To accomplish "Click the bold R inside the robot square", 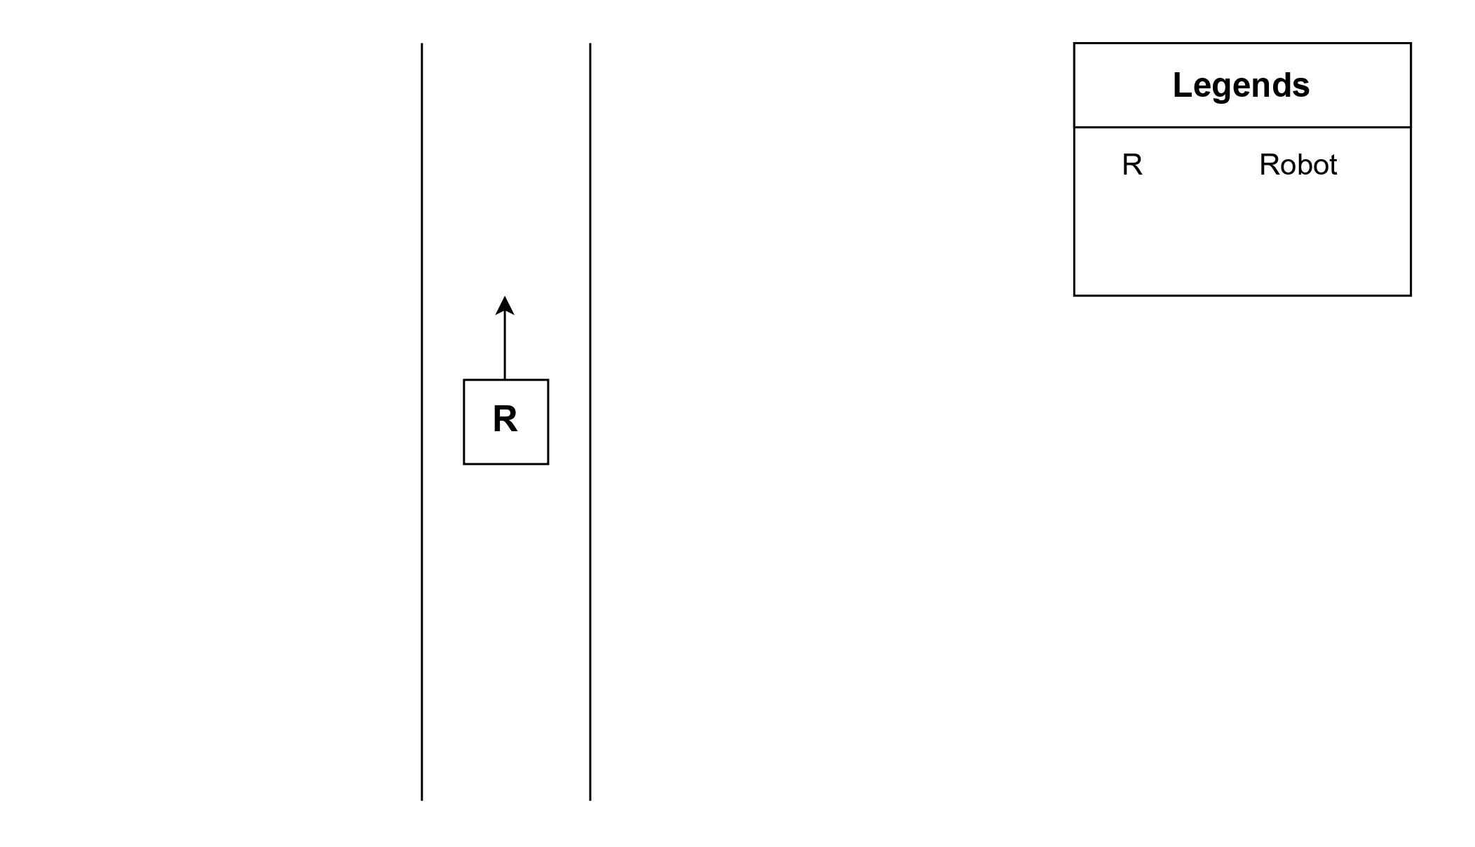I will coord(505,419).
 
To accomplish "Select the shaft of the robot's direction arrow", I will coord(505,347).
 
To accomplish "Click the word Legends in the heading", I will coord(1241,86).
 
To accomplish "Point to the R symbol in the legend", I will coord(1132,165).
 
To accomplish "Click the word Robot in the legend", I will coord(1298,165).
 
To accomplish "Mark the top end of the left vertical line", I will coord(422,44).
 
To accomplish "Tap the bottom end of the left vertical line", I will coord(422,799).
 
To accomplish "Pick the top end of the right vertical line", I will coord(590,44).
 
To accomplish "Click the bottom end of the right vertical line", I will coord(590,799).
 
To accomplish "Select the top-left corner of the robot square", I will coord(464,380).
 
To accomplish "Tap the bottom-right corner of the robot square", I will coord(548,464).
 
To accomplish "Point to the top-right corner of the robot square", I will coord(548,380).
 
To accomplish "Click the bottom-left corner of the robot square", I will coord(464,464).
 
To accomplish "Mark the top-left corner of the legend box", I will coord(1075,43).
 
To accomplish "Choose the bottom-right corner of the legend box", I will coord(1411,295).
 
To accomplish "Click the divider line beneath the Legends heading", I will coord(1242,128).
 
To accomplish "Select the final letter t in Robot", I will coord(1333,165).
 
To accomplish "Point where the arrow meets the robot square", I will coord(505,380).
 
